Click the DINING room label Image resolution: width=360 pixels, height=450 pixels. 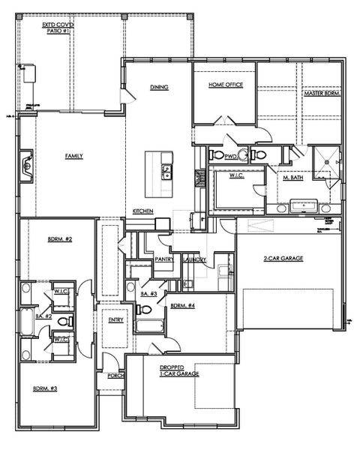(x=158, y=87)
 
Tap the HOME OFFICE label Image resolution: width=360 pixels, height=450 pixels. (x=226, y=85)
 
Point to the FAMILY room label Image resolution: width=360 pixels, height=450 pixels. (x=73, y=156)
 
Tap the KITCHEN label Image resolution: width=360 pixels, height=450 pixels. (x=143, y=211)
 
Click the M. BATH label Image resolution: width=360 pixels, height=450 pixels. (x=292, y=178)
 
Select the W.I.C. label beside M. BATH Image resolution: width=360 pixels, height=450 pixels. (x=237, y=176)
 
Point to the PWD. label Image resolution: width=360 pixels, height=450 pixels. (x=231, y=156)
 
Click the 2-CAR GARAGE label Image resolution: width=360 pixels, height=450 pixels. (x=283, y=259)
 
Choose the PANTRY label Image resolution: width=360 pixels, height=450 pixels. (x=164, y=259)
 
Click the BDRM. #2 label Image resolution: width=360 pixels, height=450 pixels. (x=59, y=239)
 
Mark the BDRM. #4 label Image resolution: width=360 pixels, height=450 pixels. (x=182, y=305)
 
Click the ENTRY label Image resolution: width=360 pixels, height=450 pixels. (x=115, y=320)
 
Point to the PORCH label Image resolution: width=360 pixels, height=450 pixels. (x=115, y=375)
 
